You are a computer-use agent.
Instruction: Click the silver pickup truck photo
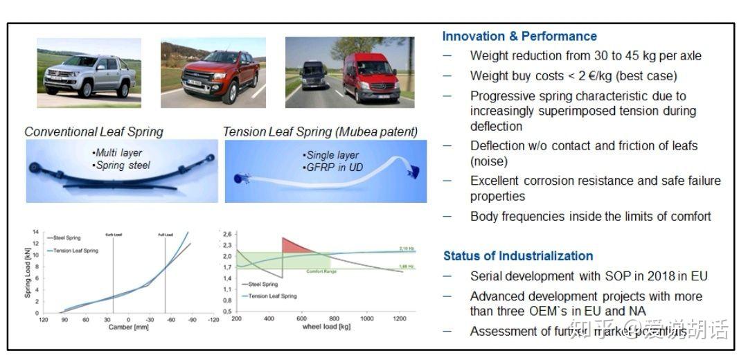89,73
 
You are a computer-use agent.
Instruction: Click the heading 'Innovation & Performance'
519,37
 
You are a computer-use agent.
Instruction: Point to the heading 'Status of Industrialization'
518,256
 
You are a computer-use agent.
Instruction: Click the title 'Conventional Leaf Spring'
94,132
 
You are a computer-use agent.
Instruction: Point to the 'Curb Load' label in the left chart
114,235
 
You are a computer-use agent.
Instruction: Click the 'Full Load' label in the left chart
166,235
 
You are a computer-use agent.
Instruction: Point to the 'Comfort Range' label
323,271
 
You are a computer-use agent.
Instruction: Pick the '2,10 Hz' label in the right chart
407,248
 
